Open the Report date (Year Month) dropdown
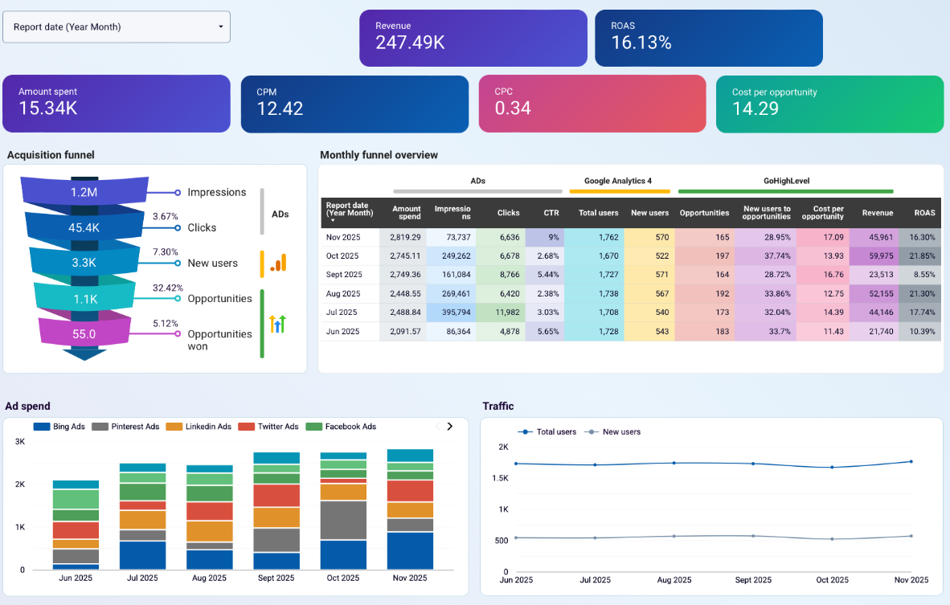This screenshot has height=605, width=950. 117,27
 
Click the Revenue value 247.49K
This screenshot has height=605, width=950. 410,43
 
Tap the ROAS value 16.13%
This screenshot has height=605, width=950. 641,43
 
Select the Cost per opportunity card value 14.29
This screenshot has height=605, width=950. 755,108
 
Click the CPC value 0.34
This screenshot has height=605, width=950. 513,108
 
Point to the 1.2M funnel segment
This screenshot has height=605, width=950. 84,192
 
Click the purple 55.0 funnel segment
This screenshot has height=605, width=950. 84,333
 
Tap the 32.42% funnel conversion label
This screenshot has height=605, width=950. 168,288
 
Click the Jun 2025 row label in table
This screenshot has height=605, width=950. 342,331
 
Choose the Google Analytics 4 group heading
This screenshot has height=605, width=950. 619,181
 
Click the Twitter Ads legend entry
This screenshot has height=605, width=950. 278,427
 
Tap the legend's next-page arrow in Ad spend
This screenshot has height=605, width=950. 449,427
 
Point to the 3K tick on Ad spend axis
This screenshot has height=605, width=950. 19,442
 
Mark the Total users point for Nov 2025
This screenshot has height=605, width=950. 911,461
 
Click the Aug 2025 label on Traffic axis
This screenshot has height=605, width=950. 674,580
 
